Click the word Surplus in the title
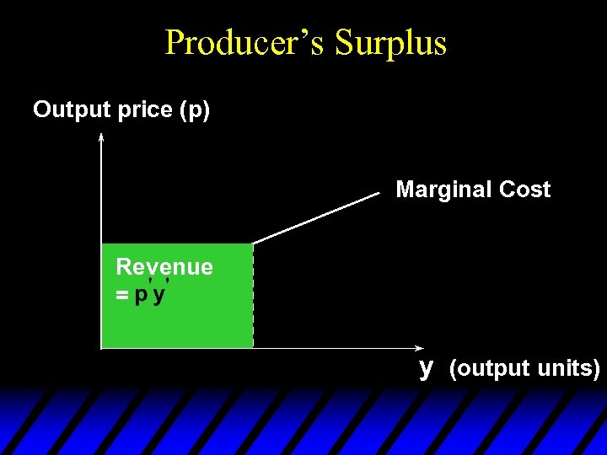[x=390, y=42]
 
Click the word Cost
[x=524, y=190]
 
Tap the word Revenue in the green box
[x=164, y=267]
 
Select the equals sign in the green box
[x=122, y=297]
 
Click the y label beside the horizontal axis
[x=427, y=367]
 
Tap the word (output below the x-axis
[x=487, y=368]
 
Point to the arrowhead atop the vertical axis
[x=101, y=136]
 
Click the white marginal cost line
[x=316, y=219]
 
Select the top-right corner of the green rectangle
[x=252, y=244]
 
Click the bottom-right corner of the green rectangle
[x=252, y=347]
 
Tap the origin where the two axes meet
[x=101, y=347]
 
